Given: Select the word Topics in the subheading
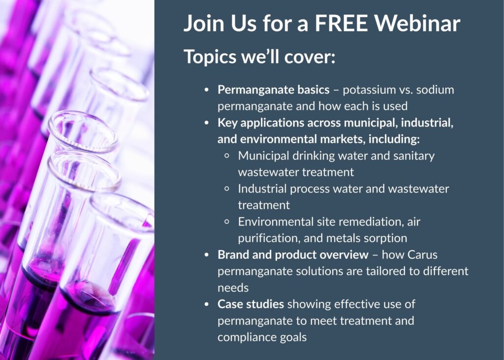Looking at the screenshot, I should coord(209,57).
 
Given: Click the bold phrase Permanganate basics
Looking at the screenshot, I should coord(273,90).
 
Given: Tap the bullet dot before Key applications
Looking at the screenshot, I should coord(207,123).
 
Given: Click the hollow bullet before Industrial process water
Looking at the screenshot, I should coord(227,189).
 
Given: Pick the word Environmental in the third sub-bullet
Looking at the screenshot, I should coord(277,222).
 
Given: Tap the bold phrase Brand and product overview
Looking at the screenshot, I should coord(293,255).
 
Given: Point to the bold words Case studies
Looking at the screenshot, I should coord(251,304).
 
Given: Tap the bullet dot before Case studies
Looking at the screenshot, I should coord(207,304).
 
